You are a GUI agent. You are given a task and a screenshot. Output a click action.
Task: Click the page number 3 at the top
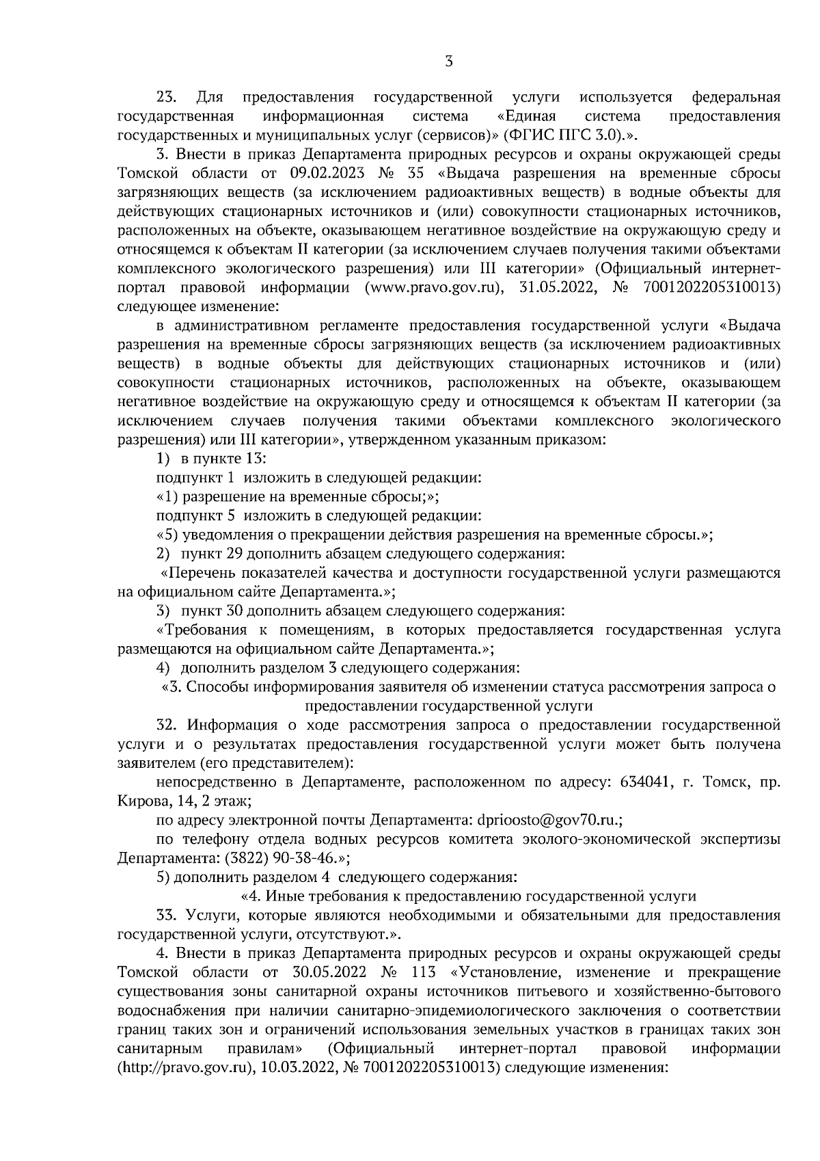pyautogui.click(x=448, y=62)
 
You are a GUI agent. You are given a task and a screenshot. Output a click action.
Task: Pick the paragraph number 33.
pyautogui.click(x=167, y=915)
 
